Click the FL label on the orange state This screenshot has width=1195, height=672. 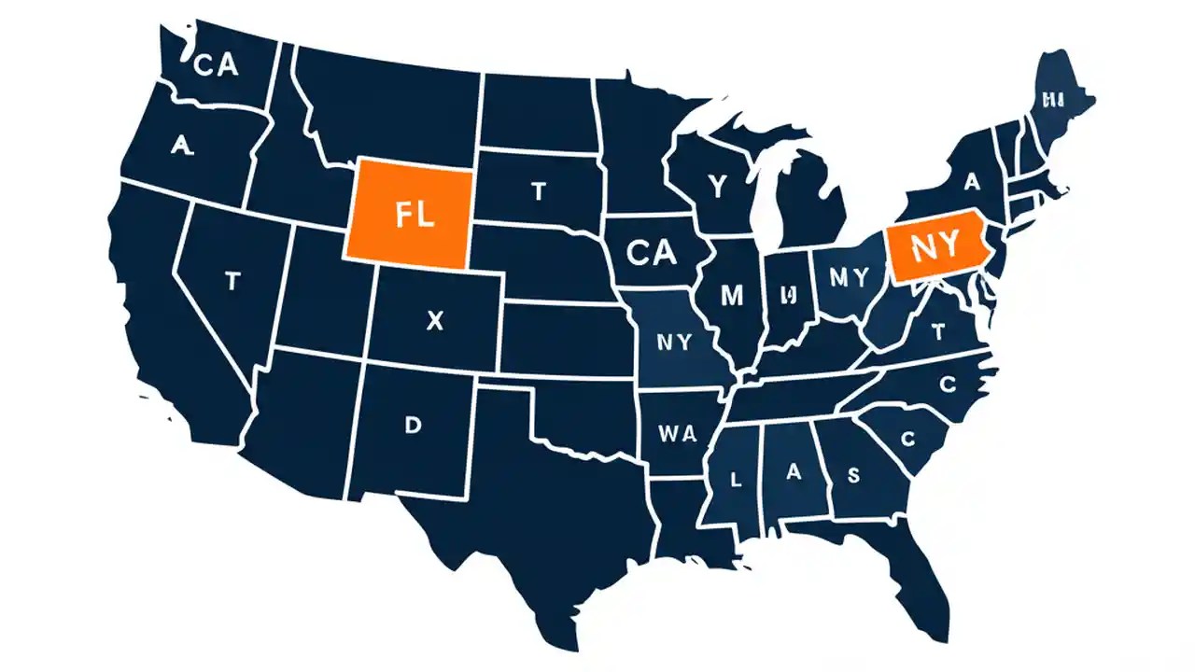tap(415, 214)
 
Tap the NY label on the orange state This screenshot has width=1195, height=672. tap(935, 246)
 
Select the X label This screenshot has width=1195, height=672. tap(434, 320)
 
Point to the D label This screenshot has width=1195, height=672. tap(413, 426)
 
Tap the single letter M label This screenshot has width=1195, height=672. tap(733, 296)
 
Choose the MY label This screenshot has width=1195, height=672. tap(848, 276)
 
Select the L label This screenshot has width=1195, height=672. tap(736, 481)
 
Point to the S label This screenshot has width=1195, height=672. tap(852, 474)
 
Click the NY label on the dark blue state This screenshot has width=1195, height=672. tap(674, 342)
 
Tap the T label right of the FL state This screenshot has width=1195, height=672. tap(538, 191)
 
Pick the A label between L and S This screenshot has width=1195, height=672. tap(794, 472)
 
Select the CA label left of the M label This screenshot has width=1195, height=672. tap(651, 252)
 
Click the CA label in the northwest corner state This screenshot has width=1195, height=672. tap(216, 65)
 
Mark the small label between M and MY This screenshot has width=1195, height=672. tap(788, 295)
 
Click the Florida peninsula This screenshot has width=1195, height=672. tap(920, 579)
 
